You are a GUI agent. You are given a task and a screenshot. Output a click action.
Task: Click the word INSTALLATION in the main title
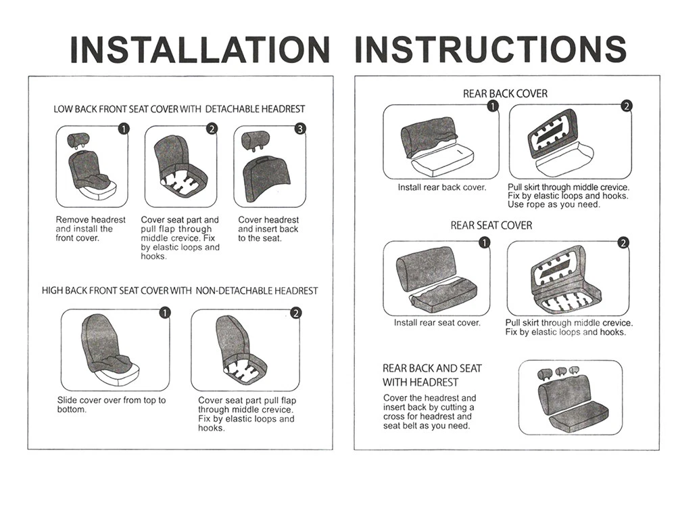pos(199,49)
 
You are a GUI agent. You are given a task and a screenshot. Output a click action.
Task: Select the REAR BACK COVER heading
pos(505,93)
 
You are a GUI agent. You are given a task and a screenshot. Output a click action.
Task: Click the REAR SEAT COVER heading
pos(491,225)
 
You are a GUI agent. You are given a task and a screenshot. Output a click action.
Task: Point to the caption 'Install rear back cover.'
pos(441,188)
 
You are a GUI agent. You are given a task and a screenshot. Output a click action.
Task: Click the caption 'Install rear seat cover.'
pos(437,323)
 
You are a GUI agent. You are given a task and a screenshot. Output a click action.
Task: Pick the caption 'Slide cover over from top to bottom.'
pos(111,405)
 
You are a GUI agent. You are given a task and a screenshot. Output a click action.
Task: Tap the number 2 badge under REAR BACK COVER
pos(627,106)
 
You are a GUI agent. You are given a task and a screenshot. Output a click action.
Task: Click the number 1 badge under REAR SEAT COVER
pos(485,242)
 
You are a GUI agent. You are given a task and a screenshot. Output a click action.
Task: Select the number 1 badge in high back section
pos(165,312)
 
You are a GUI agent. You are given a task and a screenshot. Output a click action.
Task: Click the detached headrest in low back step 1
pos(78,139)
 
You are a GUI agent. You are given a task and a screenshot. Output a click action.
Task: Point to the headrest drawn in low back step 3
pos(258,140)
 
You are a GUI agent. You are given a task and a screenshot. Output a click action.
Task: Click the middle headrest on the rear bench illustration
pos(560,371)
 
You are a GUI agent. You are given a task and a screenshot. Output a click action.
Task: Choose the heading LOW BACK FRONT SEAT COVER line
pos(179,109)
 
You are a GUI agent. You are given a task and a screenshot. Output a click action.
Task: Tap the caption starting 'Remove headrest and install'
pos(91,229)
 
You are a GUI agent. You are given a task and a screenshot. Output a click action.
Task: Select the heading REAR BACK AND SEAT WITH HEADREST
pos(432,375)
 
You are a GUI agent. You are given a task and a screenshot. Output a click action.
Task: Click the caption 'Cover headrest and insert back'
pos(268,229)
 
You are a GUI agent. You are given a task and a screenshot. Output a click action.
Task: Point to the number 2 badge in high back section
pos(295,313)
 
